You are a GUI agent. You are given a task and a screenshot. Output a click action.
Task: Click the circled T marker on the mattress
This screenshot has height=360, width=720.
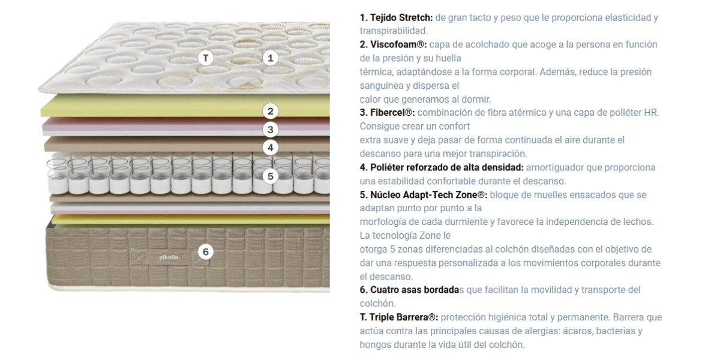click(x=206, y=58)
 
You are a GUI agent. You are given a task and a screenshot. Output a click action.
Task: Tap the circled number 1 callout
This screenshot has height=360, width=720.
click(x=271, y=58)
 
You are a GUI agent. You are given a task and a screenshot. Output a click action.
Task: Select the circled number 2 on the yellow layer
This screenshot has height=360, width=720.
click(x=271, y=111)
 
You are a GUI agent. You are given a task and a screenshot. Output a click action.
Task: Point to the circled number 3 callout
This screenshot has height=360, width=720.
click(x=271, y=130)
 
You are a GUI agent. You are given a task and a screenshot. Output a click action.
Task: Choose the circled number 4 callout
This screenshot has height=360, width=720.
click(x=271, y=148)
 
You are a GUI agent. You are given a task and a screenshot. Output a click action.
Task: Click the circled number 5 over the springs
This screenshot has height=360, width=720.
click(x=271, y=176)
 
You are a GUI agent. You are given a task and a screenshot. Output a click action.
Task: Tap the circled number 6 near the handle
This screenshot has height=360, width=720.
click(x=206, y=251)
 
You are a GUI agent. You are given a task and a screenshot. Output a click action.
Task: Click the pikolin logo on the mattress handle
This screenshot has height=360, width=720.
click(x=169, y=257)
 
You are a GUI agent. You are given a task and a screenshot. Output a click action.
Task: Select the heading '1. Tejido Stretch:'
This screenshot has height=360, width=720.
click(x=397, y=17)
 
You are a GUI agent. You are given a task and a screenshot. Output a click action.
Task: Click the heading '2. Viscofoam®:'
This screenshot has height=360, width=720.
click(x=394, y=44)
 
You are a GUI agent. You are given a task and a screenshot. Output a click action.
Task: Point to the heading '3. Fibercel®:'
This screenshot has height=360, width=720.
click(x=388, y=113)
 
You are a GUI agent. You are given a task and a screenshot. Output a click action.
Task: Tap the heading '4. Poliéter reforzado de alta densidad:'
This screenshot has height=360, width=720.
click(x=442, y=167)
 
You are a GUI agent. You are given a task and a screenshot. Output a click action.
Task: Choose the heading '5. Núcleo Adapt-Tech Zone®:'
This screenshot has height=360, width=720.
click(x=424, y=195)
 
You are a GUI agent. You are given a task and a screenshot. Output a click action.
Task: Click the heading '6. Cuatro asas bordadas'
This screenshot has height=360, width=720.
click(x=412, y=290)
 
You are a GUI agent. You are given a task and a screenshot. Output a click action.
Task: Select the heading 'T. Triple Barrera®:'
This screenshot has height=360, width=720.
click(x=399, y=317)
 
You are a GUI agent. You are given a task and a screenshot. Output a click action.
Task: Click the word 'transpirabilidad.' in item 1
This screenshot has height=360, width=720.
click(x=394, y=31)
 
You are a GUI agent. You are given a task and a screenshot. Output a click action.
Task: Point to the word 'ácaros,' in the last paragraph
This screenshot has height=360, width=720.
click(x=577, y=331)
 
